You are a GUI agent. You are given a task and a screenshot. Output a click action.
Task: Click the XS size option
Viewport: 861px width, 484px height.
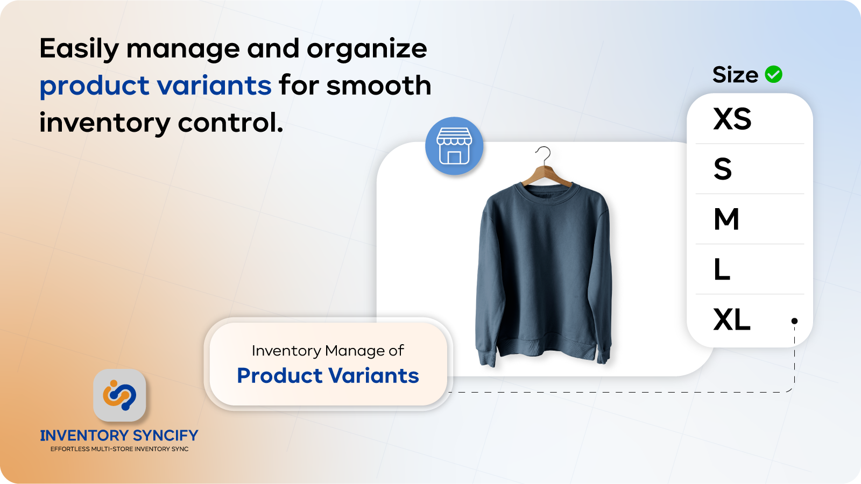pos(732,119)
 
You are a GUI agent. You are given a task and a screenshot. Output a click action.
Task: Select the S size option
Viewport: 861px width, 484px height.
pos(723,169)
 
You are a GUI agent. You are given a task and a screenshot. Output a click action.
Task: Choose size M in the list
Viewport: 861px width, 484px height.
pos(726,219)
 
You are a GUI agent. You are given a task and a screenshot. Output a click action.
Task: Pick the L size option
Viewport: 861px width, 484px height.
pos(722,269)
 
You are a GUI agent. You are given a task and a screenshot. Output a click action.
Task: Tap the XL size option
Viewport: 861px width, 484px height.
pos(732,319)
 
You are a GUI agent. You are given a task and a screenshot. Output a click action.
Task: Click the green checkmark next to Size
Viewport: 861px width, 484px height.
pos(774,74)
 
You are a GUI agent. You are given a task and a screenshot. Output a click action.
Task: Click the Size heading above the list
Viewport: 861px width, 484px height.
pos(735,75)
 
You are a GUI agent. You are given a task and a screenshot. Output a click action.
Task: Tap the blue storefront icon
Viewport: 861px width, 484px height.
pos(454,146)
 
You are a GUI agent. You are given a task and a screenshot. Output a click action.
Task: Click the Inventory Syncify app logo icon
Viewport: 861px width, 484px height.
pos(119,395)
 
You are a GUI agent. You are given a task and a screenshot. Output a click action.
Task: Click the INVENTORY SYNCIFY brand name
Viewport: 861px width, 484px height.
pos(119,435)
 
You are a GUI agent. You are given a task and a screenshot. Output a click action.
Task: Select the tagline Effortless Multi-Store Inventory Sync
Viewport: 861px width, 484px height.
pos(119,449)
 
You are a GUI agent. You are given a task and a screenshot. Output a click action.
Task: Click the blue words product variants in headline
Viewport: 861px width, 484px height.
pos(156,86)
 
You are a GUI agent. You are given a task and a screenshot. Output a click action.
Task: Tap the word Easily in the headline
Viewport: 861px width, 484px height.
pos(79,49)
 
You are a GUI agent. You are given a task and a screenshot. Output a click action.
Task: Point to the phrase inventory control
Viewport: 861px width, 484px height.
pos(161,123)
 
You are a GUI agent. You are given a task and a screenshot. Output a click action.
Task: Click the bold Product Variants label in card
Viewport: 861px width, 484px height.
pos(328,375)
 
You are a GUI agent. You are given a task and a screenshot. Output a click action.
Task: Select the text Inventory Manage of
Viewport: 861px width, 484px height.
pos(328,351)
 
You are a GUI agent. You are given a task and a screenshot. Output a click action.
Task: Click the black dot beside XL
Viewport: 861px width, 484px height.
pos(794,321)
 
